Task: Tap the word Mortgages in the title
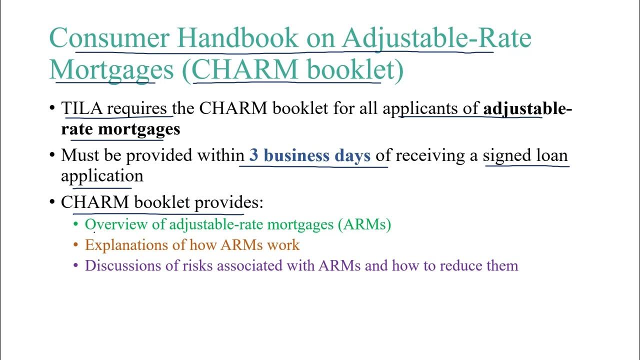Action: (111, 69)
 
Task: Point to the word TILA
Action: (81, 108)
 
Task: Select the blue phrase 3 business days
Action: (310, 155)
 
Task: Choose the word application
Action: (102, 176)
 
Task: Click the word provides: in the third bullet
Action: (228, 202)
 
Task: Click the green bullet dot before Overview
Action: (76, 224)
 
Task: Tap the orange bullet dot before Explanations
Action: (76, 245)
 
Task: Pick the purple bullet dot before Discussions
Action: (76, 266)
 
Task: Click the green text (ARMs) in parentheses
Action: (364, 224)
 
